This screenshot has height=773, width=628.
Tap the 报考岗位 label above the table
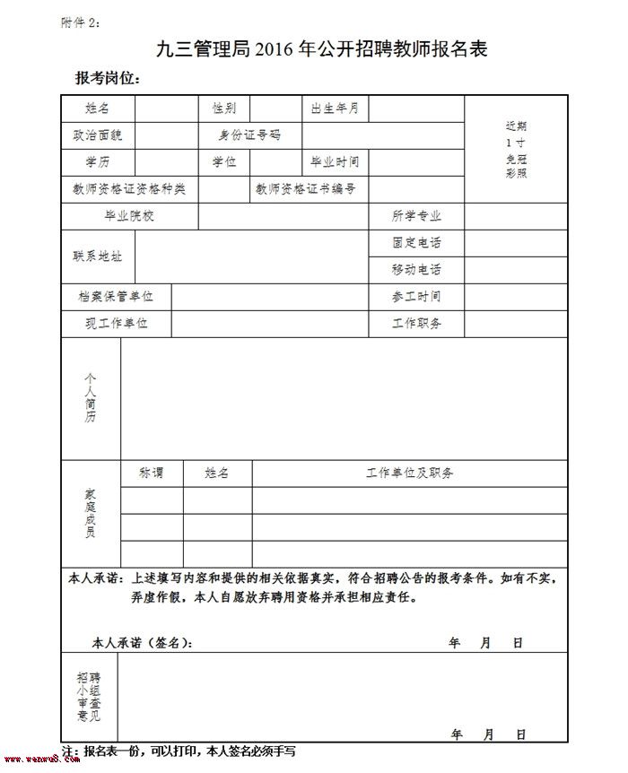click(x=108, y=79)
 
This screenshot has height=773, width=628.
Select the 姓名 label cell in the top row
click(x=98, y=109)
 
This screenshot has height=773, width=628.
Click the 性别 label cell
click(x=224, y=109)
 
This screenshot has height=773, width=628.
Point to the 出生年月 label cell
click(x=335, y=109)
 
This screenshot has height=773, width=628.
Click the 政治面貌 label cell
click(x=98, y=135)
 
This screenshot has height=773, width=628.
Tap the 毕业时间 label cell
click(x=335, y=162)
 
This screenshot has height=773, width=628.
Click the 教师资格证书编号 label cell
click(x=306, y=189)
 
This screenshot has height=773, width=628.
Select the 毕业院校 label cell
click(x=129, y=216)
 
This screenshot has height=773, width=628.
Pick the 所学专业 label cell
click(x=416, y=216)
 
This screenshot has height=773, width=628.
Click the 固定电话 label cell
click(x=416, y=243)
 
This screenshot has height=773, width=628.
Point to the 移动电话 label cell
click(x=416, y=270)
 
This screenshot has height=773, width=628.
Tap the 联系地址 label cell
click(x=98, y=256)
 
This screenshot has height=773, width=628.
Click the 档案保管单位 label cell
click(x=116, y=297)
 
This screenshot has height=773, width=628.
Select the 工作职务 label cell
click(x=416, y=324)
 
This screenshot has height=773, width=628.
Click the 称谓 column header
click(x=152, y=473)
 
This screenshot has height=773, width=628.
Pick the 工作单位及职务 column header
click(x=409, y=473)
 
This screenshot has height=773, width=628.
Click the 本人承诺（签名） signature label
click(x=142, y=643)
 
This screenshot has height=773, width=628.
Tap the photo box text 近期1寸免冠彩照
click(x=516, y=149)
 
